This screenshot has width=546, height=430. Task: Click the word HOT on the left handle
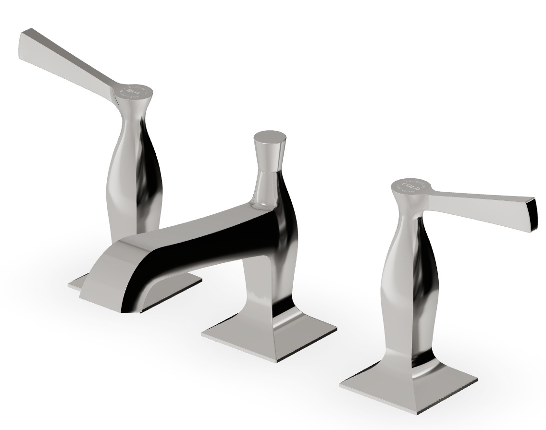tap(131, 89)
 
